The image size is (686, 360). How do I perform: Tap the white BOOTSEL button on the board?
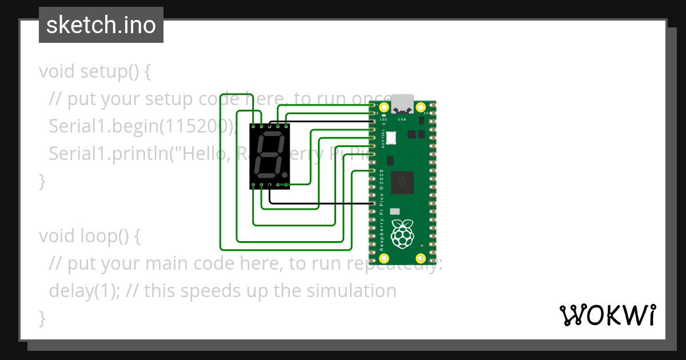click(x=392, y=138)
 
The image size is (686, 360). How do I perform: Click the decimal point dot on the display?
click(x=284, y=173)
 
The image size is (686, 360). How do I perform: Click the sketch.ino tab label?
click(x=101, y=25)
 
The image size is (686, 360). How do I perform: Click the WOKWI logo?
click(x=607, y=315)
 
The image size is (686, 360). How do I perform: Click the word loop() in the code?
click(x=103, y=235)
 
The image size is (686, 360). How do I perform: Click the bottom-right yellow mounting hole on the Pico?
click(x=421, y=258)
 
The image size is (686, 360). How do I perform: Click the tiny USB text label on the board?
click(x=402, y=119)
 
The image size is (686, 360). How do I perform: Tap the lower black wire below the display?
click(x=320, y=203)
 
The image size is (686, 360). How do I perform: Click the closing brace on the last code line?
click(x=42, y=317)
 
